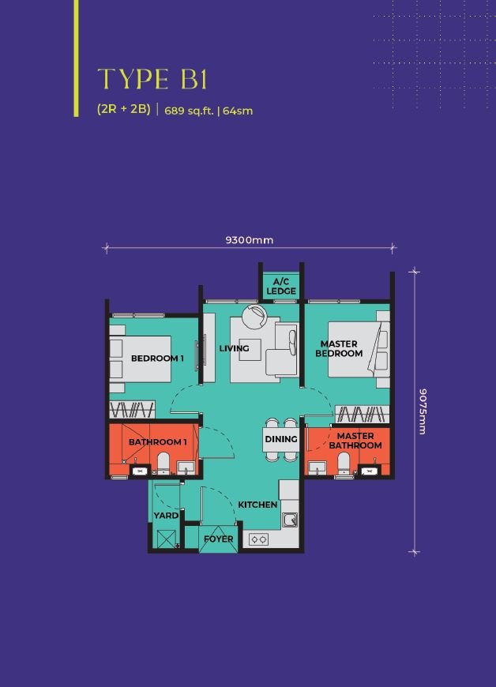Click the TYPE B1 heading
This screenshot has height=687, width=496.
[x=152, y=79]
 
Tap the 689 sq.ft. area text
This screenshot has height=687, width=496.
[x=189, y=111]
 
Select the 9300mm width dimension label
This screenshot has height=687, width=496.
[x=250, y=240]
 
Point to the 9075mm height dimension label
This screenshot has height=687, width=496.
[x=423, y=411]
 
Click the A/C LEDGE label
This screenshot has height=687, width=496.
[x=281, y=286]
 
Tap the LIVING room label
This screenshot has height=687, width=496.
[x=234, y=348]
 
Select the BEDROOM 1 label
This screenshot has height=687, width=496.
[x=157, y=359]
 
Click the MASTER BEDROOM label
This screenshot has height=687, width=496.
[x=339, y=349]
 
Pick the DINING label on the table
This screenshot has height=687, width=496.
[x=281, y=439]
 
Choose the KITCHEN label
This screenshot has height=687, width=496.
[x=257, y=505]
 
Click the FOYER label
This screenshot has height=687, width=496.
[x=219, y=539]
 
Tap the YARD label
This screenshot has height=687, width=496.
[x=166, y=516]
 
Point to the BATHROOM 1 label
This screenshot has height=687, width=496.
[x=158, y=442]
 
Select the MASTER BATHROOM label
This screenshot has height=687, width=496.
[x=355, y=441]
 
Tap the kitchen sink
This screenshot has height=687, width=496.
[x=290, y=520]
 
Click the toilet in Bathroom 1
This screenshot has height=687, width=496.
[x=163, y=464]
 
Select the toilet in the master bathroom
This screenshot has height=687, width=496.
[x=344, y=464]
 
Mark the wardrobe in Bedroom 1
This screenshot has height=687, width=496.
[x=132, y=410]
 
